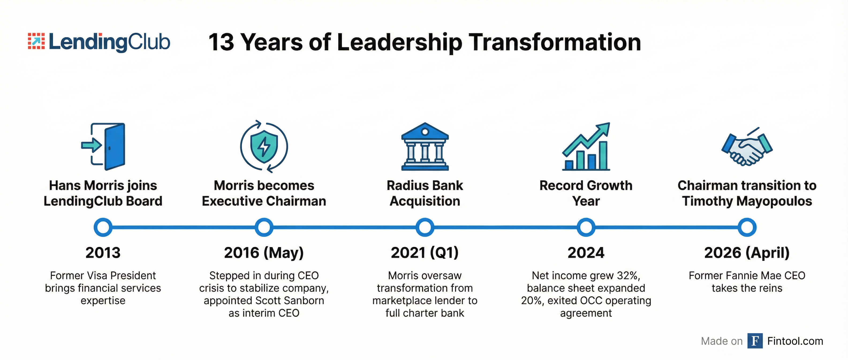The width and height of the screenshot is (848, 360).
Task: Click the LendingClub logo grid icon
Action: point(36,41)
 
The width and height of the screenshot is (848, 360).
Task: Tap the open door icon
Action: point(103,147)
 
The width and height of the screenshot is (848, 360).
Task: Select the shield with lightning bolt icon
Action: point(264,147)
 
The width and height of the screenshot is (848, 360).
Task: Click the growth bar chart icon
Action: point(586,147)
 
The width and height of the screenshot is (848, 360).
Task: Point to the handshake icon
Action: point(747,147)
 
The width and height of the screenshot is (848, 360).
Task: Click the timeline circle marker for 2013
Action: point(103,227)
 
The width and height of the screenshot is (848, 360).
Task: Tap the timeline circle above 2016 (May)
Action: point(264,227)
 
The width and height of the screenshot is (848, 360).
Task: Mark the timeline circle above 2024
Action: point(586,227)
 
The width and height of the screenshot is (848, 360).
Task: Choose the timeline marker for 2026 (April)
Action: point(747,227)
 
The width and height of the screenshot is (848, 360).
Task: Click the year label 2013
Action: point(103,253)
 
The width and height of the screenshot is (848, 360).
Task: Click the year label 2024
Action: point(586,253)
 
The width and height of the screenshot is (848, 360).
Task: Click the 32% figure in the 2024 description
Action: point(627,275)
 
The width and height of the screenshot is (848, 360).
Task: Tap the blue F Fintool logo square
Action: point(755,341)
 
